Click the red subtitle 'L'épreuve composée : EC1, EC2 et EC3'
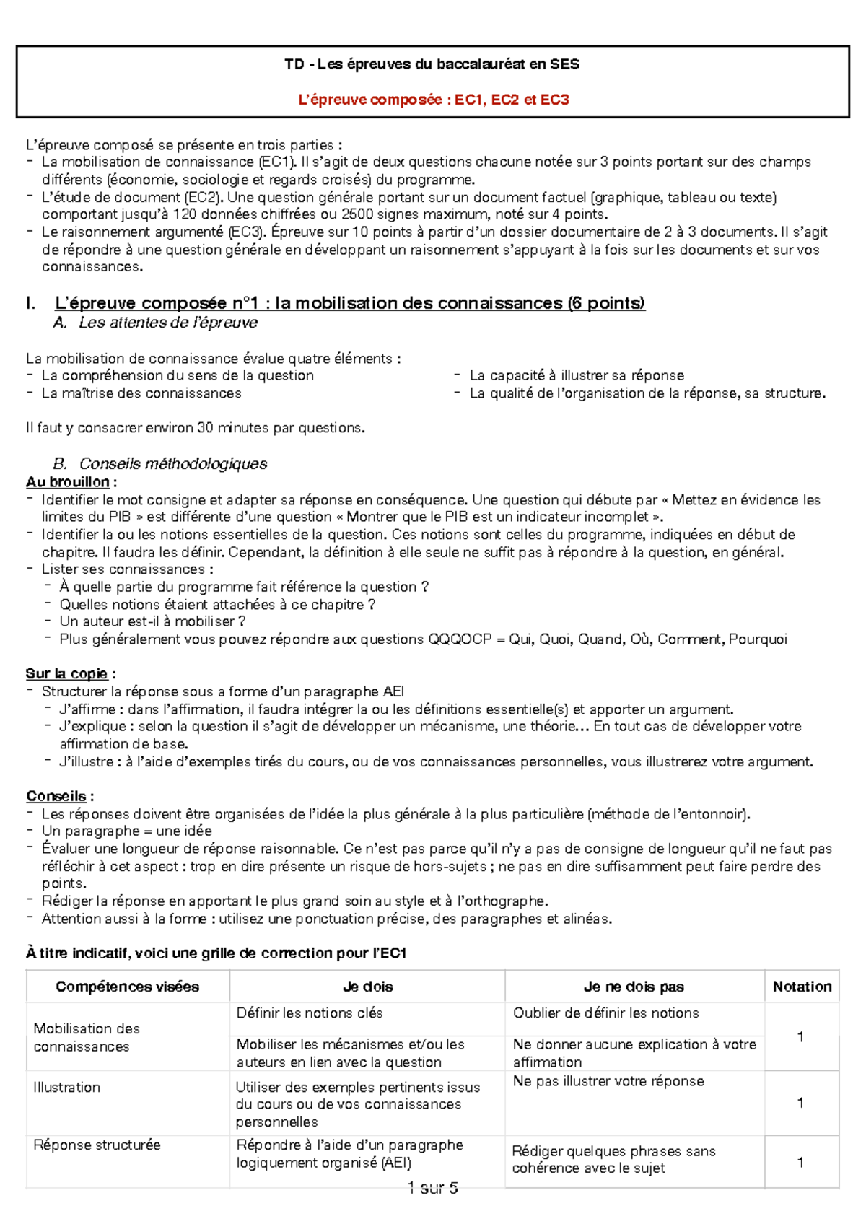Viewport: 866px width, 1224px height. click(x=433, y=100)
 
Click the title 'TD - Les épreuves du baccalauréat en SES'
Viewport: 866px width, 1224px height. click(x=432, y=64)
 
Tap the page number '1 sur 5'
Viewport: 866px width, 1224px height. click(x=432, y=1188)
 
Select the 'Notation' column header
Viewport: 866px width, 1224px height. click(x=802, y=987)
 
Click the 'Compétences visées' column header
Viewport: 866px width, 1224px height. click(x=127, y=987)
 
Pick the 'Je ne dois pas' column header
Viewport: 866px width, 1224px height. click(x=634, y=987)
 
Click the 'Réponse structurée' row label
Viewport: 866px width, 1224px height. click(x=97, y=1145)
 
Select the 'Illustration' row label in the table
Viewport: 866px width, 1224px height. click(x=66, y=1087)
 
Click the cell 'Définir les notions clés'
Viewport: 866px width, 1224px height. click(x=310, y=1013)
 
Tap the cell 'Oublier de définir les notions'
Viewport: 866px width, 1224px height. click(x=605, y=1013)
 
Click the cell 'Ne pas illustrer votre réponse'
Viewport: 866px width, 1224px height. click(x=608, y=1080)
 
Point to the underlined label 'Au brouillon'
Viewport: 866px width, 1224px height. click(x=68, y=482)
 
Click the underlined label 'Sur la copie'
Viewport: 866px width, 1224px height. click(x=67, y=673)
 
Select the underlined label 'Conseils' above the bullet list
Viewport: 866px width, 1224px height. click(x=56, y=796)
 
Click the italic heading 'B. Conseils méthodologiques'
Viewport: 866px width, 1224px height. click(x=160, y=463)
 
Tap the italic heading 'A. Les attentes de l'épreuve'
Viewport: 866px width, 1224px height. click(x=155, y=323)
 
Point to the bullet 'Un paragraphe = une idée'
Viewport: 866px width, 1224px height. click(x=127, y=831)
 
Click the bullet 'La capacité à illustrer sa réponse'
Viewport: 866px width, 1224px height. click(x=576, y=375)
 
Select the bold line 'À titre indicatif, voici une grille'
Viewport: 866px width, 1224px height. click(x=216, y=953)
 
